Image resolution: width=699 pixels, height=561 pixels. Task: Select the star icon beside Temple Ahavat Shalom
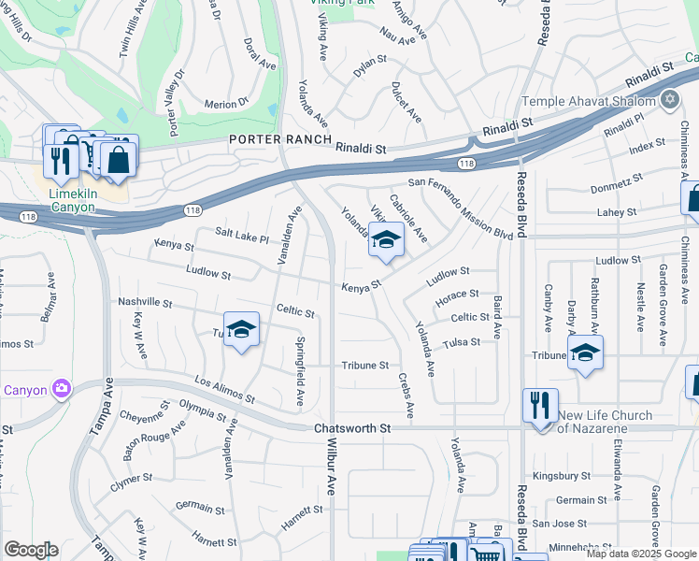669,100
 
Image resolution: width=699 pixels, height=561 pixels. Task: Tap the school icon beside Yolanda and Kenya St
386,241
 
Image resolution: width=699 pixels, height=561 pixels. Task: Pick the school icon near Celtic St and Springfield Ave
241,330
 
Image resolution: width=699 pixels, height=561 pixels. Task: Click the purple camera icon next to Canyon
62,388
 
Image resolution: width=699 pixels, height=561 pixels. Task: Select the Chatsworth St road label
350,427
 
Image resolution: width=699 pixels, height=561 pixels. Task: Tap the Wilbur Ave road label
331,487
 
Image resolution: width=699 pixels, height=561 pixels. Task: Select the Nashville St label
146,302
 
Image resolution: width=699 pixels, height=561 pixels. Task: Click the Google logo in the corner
31,550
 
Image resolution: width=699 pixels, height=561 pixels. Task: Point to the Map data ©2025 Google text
641,554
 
